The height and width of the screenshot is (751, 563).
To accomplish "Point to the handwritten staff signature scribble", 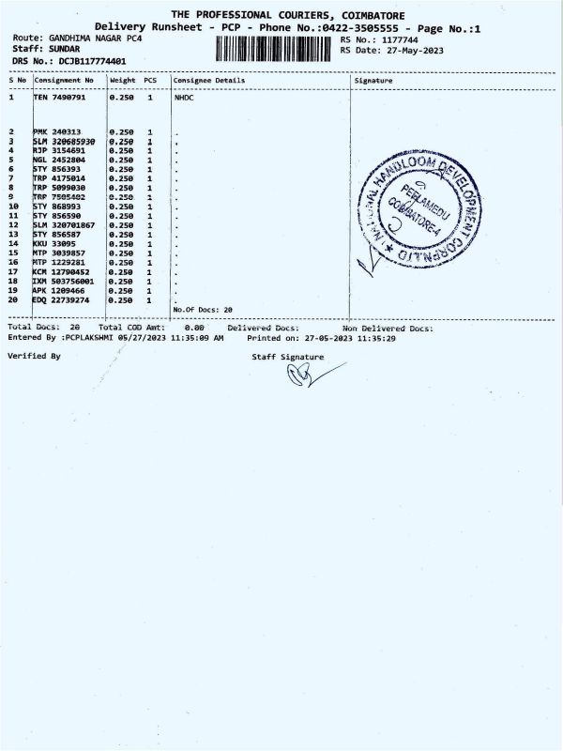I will (310, 375).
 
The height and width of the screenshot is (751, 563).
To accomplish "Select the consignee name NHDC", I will (184, 97).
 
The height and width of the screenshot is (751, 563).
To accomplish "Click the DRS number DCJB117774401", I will (92, 61).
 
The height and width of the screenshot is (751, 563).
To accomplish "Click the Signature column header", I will (374, 81).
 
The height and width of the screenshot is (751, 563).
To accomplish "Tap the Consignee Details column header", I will (208, 81).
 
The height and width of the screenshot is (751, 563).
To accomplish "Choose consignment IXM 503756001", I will (63, 281).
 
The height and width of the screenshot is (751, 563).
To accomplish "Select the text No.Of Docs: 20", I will (203, 309).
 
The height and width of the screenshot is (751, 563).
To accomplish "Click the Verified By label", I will (34, 356).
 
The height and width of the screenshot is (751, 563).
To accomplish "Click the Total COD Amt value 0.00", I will (194, 328).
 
